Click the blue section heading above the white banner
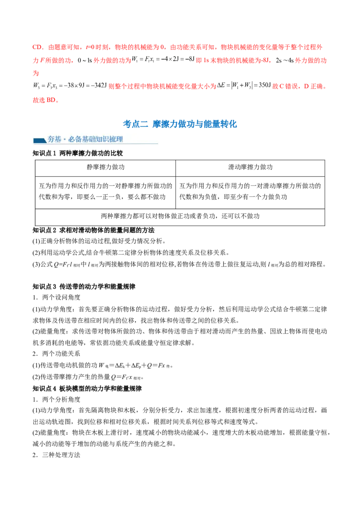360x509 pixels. [x=180, y=124]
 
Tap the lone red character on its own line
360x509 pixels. [x=35, y=72]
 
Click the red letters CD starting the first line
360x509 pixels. [x=36, y=47]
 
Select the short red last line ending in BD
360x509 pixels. [x=45, y=101]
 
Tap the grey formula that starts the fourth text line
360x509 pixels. [x=67, y=85]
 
